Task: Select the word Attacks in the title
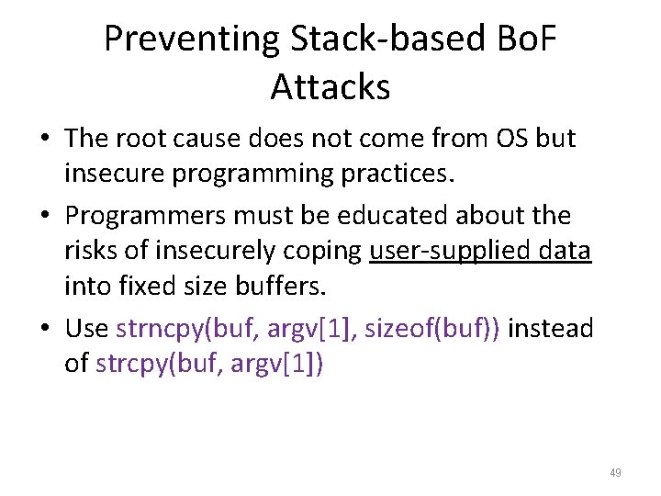point(330,87)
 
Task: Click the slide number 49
point(615,473)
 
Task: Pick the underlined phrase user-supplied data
point(480,251)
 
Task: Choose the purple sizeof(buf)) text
point(432,328)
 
